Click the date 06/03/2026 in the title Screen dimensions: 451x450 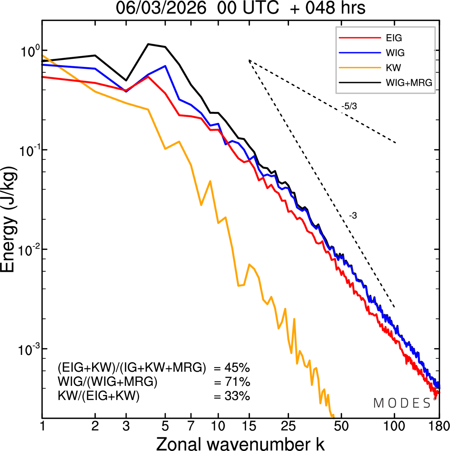click(x=161, y=8)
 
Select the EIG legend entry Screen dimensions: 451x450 click(x=394, y=38)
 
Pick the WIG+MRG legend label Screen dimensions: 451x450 click(x=409, y=83)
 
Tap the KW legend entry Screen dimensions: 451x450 click(x=393, y=68)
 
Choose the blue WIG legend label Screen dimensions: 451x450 click(x=395, y=53)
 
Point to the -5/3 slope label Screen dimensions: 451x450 click(x=349, y=106)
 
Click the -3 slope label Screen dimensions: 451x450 click(x=353, y=216)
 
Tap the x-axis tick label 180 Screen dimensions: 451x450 click(x=438, y=426)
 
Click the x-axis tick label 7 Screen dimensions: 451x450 click(x=191, y=426)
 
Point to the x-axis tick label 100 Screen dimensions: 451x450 click(x=394, y=426)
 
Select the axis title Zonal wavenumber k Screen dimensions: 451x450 click(x=240, y=443)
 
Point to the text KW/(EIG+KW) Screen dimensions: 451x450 click(x=98, y=396)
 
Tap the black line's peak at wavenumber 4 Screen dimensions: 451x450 click(x=148, y=44)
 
